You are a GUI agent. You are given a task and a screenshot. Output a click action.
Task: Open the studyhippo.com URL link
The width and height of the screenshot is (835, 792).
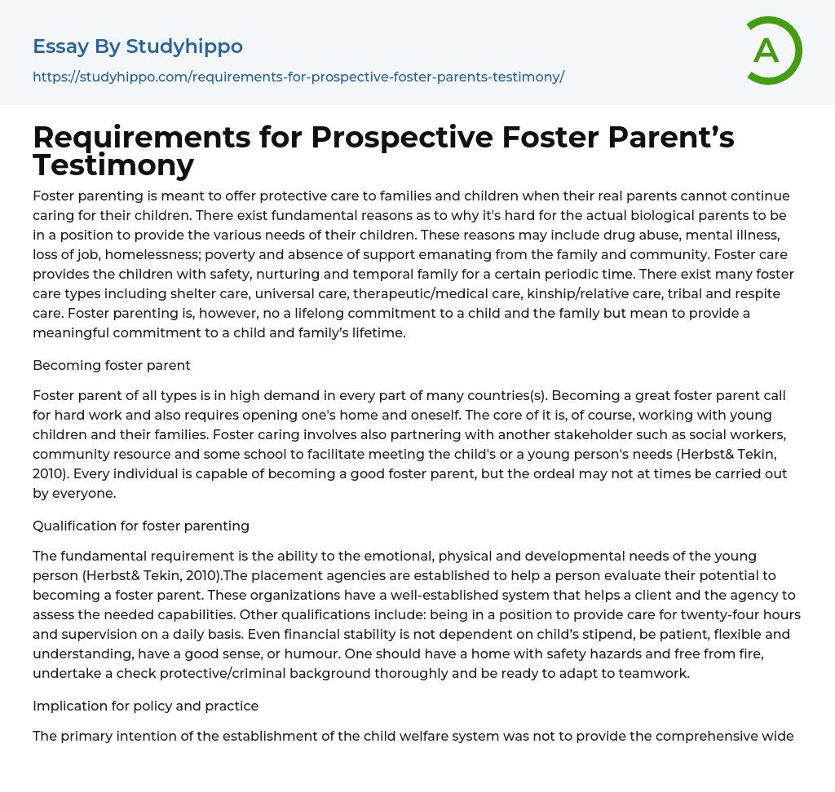tap(298, 77)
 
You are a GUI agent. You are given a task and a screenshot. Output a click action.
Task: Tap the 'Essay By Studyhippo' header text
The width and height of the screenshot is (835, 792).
tap(138, 46)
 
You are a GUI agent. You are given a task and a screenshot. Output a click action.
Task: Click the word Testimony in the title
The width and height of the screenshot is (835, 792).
tap(113, 165)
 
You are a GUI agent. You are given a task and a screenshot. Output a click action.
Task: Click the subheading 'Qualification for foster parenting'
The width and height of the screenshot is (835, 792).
tap(141, 526)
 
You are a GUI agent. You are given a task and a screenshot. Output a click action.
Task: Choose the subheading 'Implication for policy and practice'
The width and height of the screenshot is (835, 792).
tap(146, 706)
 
